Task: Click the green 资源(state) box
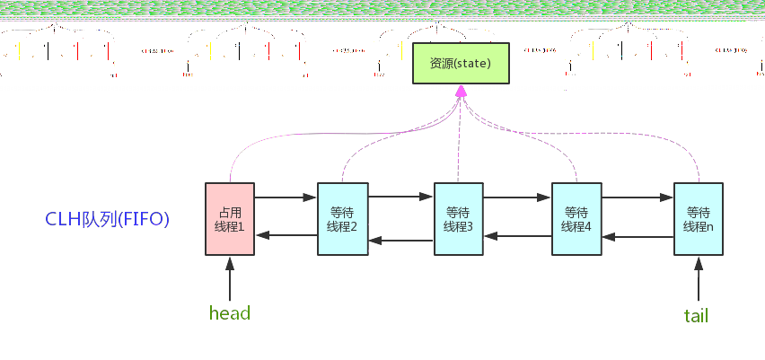[461, 63]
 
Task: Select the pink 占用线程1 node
[230, 219]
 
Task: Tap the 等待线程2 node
[342, 219]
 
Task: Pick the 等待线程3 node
[458, 219]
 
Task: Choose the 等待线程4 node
[576, 219]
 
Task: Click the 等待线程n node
[698, 219]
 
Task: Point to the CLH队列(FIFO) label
[108, 219]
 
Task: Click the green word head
[229, 313]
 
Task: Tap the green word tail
[697, 315]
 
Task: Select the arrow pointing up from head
[230, 278]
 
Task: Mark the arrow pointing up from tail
[698, 278]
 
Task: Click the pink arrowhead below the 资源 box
[461, 91]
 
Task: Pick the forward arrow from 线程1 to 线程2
[286, 196]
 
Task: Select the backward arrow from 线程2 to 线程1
[286, 235]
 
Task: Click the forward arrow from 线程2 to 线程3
[400, 196]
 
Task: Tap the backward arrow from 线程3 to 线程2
[400, 240]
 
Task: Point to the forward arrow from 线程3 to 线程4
[517, 196]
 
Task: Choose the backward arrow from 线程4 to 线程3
[517, 236]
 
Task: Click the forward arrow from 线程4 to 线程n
[637, 196]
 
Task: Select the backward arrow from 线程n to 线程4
[637, 237]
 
